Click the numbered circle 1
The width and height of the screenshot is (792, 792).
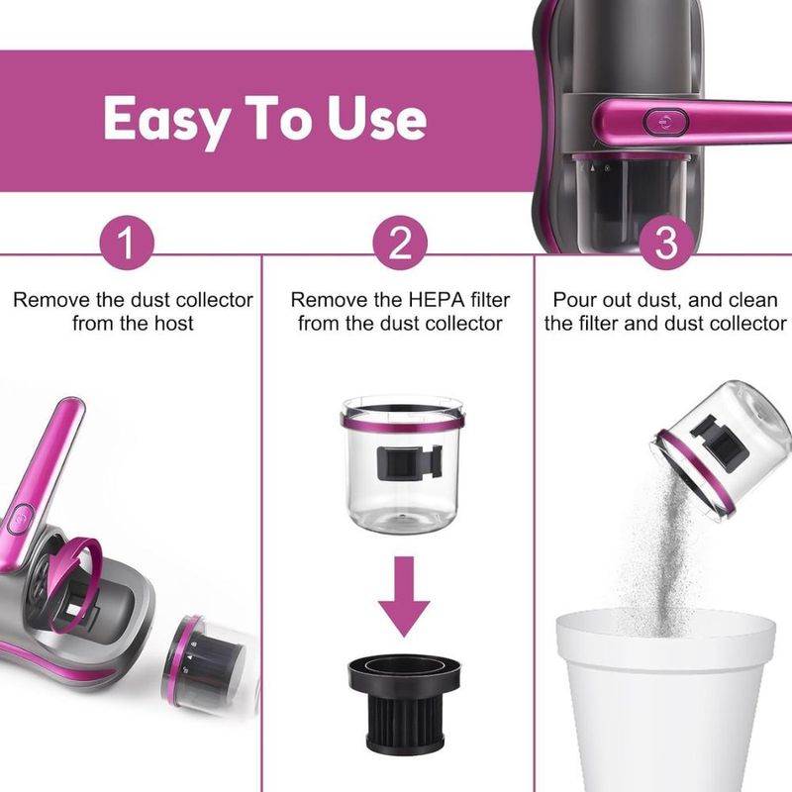127,243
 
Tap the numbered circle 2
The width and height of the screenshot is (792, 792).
400,243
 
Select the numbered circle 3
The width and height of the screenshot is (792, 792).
666,243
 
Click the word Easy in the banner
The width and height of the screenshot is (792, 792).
165,119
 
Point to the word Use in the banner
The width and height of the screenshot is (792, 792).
376,118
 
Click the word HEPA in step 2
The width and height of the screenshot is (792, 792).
437,300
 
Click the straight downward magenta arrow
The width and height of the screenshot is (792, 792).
404,596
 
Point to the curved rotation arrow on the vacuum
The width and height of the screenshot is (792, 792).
76,560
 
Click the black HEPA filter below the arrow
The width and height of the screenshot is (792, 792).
404,702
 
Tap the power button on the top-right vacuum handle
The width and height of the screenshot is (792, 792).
666,122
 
